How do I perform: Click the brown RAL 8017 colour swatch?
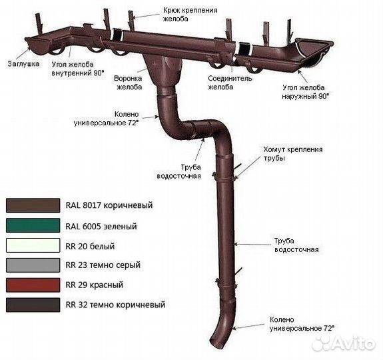33,205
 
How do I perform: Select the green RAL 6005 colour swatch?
33,225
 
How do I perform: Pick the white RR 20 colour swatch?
33,245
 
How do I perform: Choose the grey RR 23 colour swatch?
33,265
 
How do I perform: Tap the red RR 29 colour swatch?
33,285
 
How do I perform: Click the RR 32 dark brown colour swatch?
33,305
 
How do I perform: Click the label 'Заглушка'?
23,64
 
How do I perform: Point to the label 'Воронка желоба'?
128,83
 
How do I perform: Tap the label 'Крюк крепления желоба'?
190,15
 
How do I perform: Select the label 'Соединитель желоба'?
230,83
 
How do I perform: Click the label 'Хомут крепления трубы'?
293,153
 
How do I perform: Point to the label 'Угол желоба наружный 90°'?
306,92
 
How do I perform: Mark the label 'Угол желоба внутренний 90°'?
78,69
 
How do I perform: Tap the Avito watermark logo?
344,343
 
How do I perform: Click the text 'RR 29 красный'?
95,285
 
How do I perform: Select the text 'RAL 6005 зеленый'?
101,226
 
